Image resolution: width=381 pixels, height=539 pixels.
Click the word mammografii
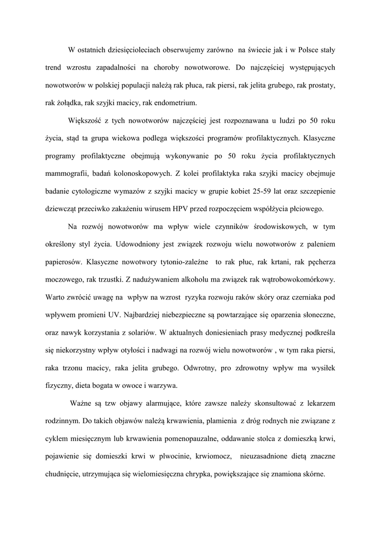[x=67, y=173]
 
